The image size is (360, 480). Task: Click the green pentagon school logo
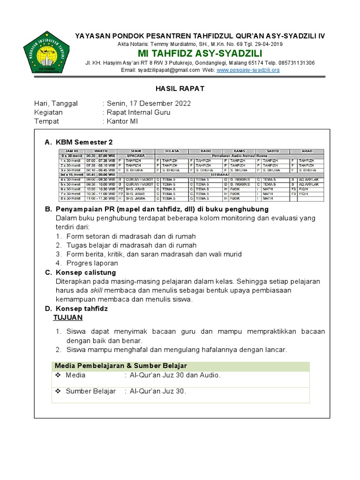click(x=45, y=52)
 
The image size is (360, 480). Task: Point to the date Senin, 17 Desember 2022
click(x=149, y=104)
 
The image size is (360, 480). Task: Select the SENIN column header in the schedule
click(x=136, y=151)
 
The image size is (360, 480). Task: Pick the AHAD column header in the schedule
click(x=307, y=151)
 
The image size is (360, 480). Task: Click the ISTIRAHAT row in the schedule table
click(x=220, y=174)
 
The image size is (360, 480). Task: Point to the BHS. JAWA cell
click(x=135, y=198)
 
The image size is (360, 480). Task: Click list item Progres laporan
click(x=92, y=263)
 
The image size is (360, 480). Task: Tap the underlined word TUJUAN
click(x=68, y=317)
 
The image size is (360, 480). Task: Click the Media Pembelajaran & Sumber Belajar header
click(x=121, y=366)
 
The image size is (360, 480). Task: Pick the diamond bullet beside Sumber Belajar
click(x=59, y=391)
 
